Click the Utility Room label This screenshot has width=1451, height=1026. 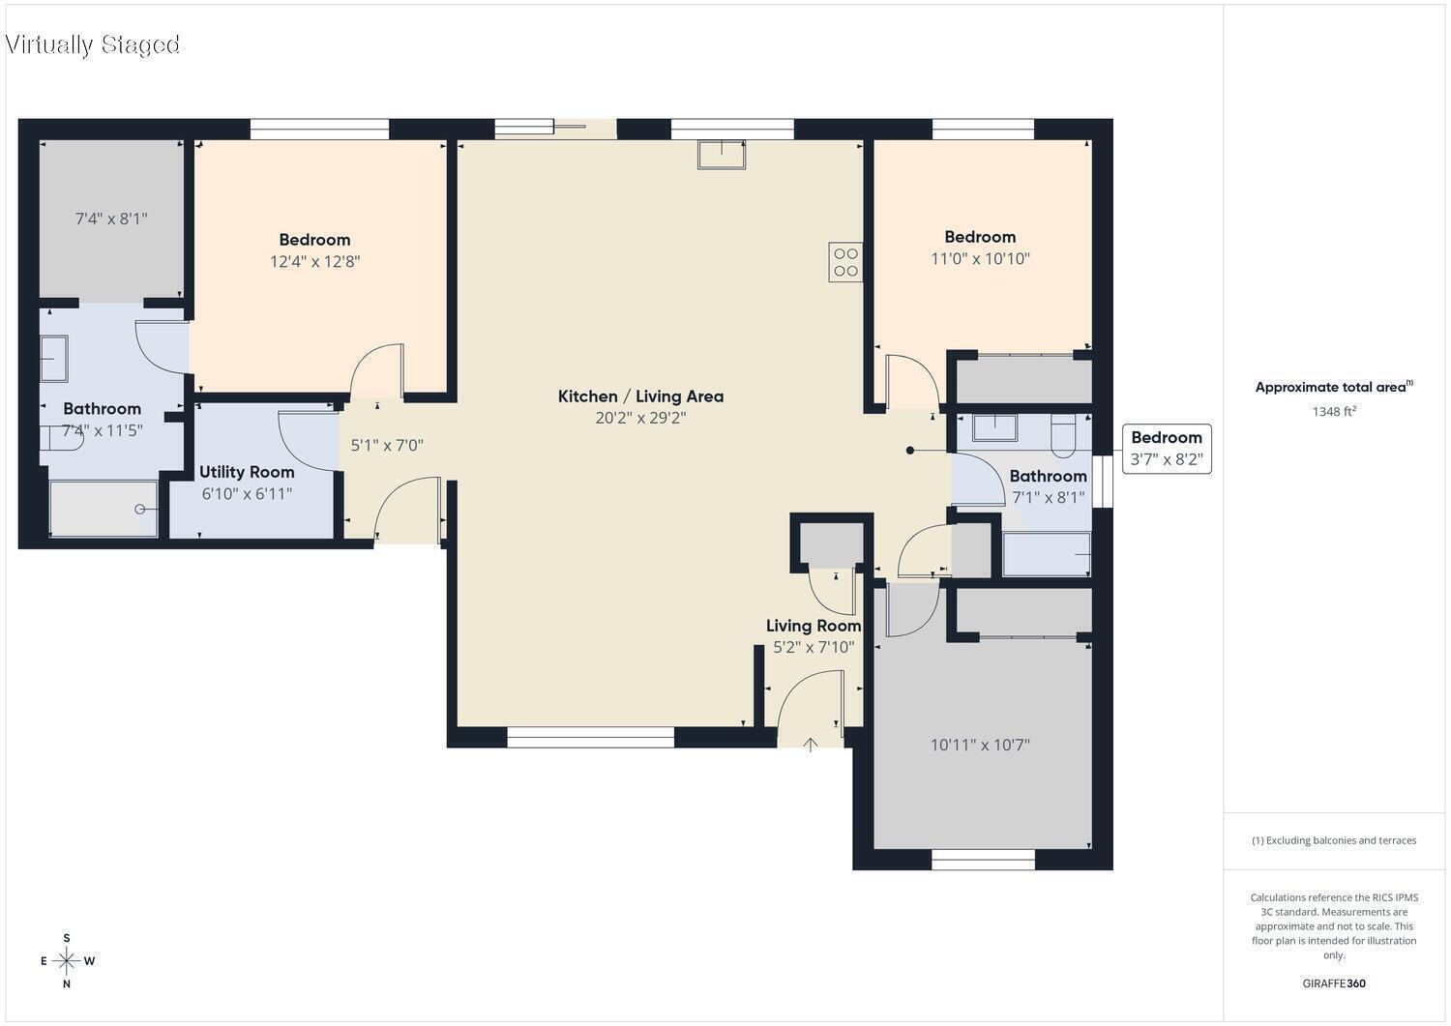247,472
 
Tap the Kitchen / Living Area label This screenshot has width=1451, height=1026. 640,396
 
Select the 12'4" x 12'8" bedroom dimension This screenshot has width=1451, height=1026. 314,262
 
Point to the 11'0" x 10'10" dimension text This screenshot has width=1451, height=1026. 980,259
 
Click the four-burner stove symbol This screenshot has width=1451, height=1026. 845,262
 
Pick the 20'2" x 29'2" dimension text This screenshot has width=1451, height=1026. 640,418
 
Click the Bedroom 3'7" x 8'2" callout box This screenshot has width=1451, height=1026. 1167,449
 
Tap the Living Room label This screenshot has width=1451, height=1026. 814,626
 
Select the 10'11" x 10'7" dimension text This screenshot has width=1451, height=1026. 980,745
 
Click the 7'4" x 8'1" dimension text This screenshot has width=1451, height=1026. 111,219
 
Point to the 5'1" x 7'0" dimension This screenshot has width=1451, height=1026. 387,446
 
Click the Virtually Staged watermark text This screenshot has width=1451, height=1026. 92,44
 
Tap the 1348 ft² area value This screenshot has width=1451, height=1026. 1334,411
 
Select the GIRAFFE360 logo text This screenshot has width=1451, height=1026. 1334,983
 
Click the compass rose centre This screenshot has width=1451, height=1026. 66,960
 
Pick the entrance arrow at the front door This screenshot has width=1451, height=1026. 811,745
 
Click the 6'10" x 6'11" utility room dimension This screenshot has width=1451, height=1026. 247,494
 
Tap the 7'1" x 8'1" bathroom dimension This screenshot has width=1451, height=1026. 1048,497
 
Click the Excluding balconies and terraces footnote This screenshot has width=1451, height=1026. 1334,840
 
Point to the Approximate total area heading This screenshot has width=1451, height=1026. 1334,387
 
